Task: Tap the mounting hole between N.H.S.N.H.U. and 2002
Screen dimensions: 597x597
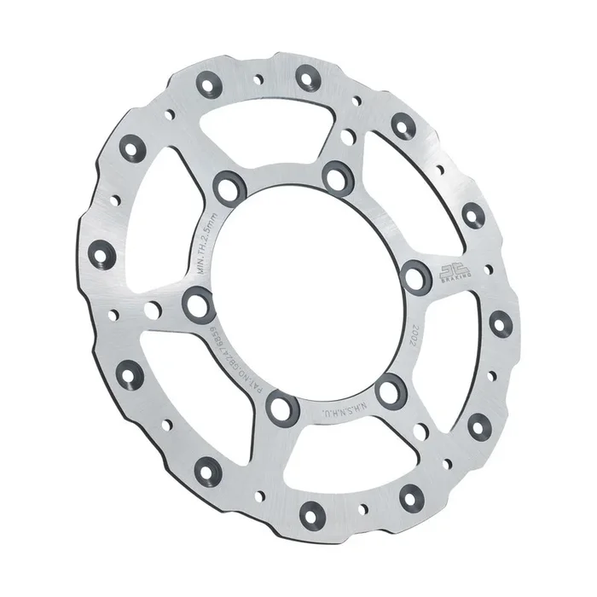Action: tap(391, 391)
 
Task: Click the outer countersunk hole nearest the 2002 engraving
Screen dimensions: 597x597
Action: tap(501, 322)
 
